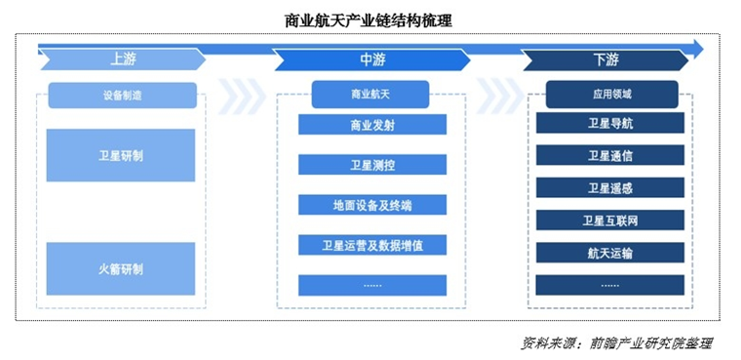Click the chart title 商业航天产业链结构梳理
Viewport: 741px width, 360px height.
368,20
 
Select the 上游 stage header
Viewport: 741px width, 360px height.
123,60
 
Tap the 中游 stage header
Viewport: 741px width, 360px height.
372,60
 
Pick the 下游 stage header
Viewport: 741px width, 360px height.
605,60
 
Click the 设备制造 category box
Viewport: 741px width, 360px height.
122,96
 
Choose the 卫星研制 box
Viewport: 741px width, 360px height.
121,155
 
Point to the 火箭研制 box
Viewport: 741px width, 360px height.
121,268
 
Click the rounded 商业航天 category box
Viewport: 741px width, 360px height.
371,96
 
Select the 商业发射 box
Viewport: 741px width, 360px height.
371,125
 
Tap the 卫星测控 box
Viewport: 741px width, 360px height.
371,165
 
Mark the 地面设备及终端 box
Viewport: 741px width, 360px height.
371,205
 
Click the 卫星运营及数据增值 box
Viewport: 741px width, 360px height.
371,245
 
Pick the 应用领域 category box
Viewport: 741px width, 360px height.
610,95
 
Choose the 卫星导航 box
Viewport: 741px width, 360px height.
610,124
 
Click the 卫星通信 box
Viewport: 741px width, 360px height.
610,155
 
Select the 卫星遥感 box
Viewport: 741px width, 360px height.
610,187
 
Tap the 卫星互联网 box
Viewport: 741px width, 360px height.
610,220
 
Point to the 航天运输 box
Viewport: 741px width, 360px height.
610,253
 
